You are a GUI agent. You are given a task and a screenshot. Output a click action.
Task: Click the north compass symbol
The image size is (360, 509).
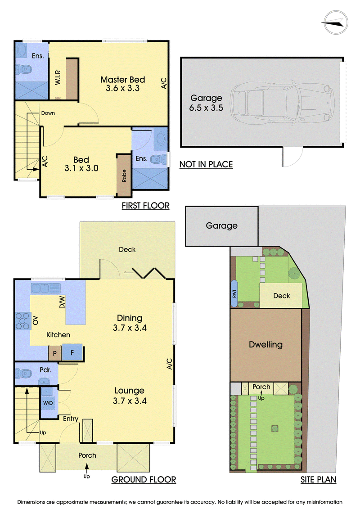point(336,23)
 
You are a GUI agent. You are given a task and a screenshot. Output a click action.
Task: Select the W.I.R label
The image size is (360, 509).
point(58,77)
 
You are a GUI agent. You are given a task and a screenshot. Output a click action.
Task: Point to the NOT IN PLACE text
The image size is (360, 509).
point(206,165)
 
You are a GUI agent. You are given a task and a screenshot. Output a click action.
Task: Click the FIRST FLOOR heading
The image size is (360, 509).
point(145,206)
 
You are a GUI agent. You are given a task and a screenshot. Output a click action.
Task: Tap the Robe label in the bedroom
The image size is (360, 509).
point(124,176)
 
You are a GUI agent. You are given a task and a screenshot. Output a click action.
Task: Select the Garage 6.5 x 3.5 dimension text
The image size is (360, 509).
point(206,103)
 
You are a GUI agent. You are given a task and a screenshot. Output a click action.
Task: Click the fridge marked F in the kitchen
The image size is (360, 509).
point(72,352)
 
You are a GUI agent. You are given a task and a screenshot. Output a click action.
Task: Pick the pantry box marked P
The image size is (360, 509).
point(54,353)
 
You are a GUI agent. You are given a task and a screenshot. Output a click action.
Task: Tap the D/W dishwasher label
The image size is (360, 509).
point(62,302)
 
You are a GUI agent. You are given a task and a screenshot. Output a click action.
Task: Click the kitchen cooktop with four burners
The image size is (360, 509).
point(22,321)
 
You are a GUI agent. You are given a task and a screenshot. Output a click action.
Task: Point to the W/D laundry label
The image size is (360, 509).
point(48,403)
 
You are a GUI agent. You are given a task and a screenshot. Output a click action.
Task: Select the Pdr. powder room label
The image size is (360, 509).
point(45,370)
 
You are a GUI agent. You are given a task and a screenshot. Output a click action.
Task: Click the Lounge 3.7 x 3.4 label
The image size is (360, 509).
point(130,396)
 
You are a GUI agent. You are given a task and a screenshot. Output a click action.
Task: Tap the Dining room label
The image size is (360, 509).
point(130,318)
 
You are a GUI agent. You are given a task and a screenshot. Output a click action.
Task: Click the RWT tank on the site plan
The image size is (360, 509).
point(234,293)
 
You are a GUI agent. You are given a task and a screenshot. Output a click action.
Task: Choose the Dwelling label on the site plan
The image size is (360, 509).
point(265,345)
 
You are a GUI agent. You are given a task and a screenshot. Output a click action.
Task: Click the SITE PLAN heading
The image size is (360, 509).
point(318,480)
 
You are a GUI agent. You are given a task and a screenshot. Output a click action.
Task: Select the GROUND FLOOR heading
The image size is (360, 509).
point(144,480)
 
